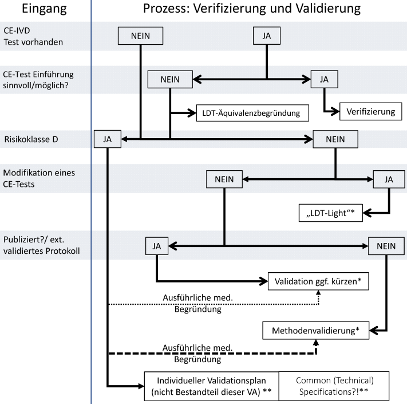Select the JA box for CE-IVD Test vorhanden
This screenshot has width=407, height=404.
click(x=267, y=36)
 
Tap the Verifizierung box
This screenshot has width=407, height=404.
click(x=370, y=111)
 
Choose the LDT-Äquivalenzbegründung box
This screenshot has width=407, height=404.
click(x=252, y=112)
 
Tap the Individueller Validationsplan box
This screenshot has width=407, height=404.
click(x=210, y=385)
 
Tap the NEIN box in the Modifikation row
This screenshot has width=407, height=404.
click(x=224, y=179)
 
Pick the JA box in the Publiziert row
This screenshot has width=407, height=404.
click(x=156, y=246)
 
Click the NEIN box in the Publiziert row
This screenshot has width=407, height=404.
click(x=386, y=246)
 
